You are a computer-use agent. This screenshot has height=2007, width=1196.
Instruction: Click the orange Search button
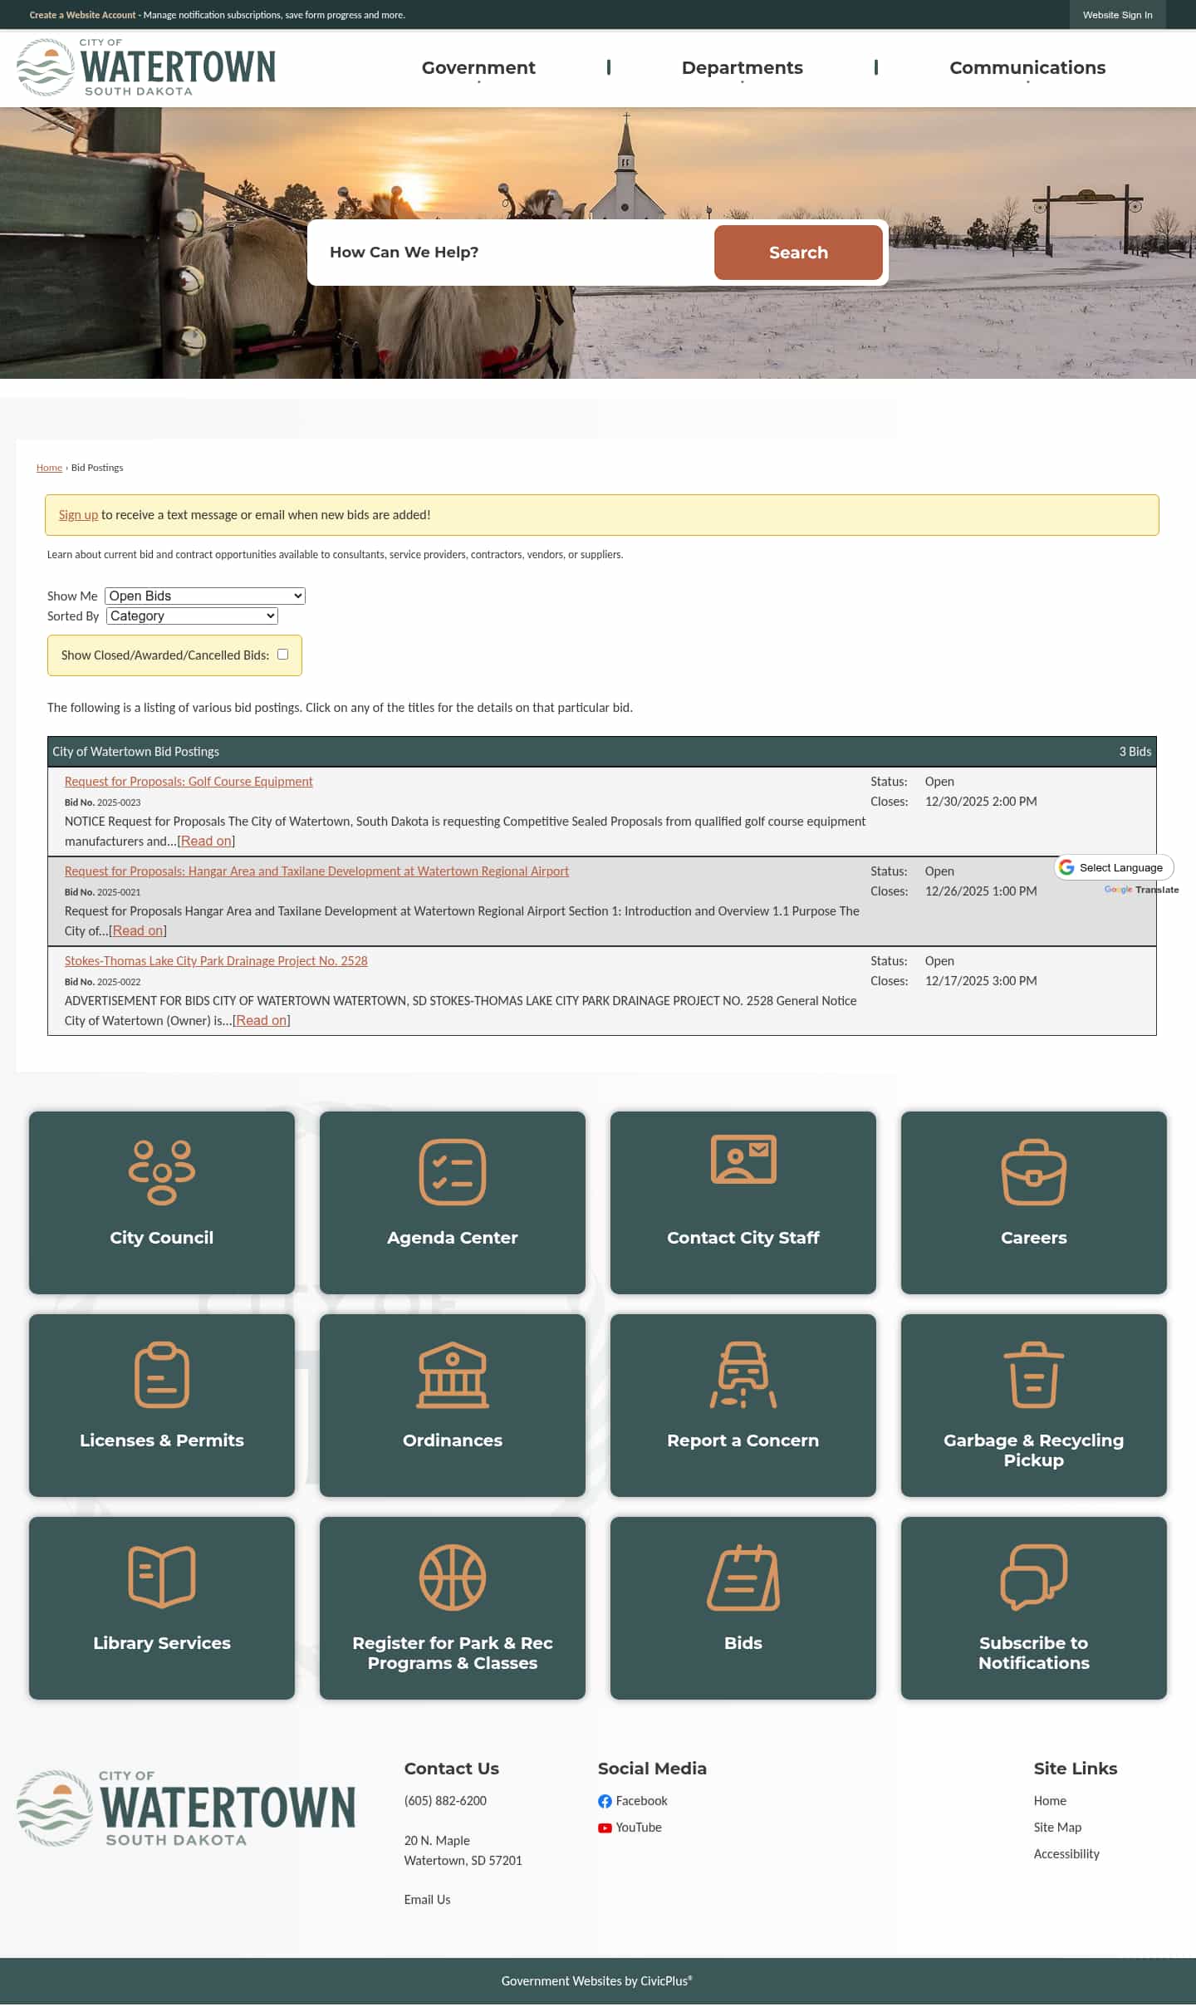[797, 253]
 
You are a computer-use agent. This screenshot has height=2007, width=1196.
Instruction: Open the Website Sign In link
[1117, 15]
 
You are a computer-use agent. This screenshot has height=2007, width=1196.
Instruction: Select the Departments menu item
[742, 68]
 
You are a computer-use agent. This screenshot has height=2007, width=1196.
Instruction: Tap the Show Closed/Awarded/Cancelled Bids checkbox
[282, 655]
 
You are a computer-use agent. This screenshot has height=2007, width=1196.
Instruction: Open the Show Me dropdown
[205, 596]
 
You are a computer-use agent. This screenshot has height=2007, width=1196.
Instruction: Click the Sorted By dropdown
[192, 616]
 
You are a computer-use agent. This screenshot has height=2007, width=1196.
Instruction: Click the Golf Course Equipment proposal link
[189, 782]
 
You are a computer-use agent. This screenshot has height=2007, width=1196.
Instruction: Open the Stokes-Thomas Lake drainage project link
[216, 961]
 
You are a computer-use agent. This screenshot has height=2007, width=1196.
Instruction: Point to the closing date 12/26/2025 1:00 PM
[981, 891]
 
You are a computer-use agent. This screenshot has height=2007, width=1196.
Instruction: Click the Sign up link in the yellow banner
[78, 515]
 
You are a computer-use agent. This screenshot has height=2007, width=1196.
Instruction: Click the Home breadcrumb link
[49, 468]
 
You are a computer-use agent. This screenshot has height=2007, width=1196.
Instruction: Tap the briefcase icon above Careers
[1033, 1172]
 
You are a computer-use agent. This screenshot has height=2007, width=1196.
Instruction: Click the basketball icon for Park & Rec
[452, 1577]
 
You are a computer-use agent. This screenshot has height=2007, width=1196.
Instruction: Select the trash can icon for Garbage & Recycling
[1033, 1375]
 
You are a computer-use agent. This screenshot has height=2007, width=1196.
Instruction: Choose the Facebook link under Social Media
[640, 1801]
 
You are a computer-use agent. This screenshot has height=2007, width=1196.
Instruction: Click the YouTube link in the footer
[638, 1828]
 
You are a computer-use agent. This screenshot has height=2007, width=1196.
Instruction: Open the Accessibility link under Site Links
[1066, 1854]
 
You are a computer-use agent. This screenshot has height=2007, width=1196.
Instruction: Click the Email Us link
[427, 1900]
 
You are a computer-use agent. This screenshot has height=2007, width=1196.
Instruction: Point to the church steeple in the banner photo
[626, 141]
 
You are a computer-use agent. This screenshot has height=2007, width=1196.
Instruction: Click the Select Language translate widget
[1114, 867]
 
